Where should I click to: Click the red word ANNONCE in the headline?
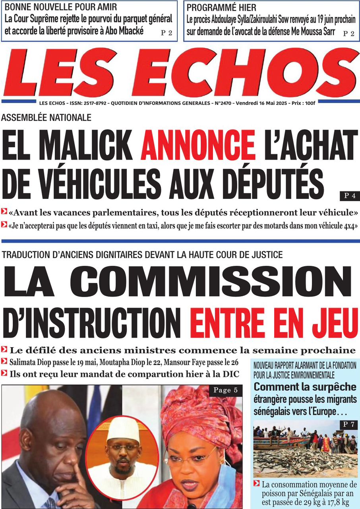click(x=197, y=144)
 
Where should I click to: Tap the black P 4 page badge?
click(x=349, y=196)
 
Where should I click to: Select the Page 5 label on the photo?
click(x=225, y=390)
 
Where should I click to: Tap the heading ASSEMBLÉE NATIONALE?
click(x=46, y=117)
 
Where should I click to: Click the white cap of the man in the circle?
click(x=123, y=430)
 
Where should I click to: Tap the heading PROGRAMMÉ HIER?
click(x=221, y=8)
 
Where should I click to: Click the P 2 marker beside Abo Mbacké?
click(x=166, y=33)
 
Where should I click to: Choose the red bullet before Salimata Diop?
click(x=4, y=362)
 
